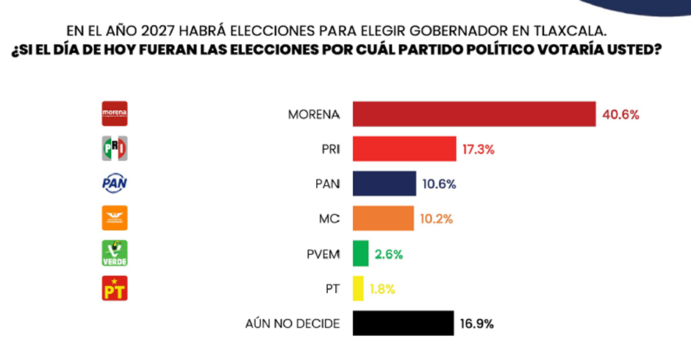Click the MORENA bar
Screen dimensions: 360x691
coord(474,115)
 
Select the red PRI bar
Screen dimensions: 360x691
coord(405,149)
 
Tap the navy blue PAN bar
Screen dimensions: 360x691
coord(384,184)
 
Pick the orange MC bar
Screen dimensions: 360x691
coord(383,218)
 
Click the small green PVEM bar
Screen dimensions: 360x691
coord(360,253)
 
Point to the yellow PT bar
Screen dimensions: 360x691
coord(358,288)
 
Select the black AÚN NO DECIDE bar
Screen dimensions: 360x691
coord(404,323)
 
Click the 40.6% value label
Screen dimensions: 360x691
coord(621,115)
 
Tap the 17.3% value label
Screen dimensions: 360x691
coord(479,149)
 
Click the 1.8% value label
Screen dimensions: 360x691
coord(382,288)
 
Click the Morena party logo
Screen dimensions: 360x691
coord(114,115)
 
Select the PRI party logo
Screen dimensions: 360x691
coord(114,149)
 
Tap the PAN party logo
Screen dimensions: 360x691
coord(114,184)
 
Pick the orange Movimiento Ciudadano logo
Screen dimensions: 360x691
coord(114,218)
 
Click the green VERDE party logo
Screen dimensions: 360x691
coord(114,253)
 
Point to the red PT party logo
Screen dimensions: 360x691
coord(114,288)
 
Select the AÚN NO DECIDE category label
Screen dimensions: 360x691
coord(292,323)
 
